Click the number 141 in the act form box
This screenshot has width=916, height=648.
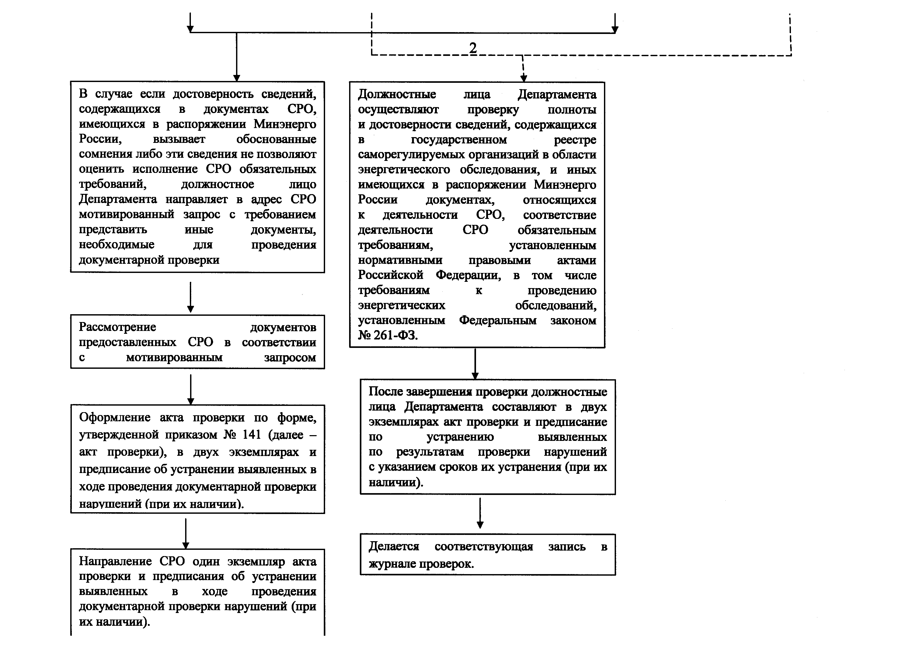(x=251, y=435)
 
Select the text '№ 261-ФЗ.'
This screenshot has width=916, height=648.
(x=387, y=335)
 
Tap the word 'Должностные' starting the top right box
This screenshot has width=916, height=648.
(x=397, y=95)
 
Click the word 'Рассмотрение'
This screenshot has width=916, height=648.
(x=117, y=327)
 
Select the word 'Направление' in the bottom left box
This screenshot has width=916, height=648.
(x=115, y=561)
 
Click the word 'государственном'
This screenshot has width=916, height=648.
(x=459, y=140)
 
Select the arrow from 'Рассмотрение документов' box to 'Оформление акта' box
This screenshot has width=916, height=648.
(x=191, y=389)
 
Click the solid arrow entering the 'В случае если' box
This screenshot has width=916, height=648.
(x=237, y=58)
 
